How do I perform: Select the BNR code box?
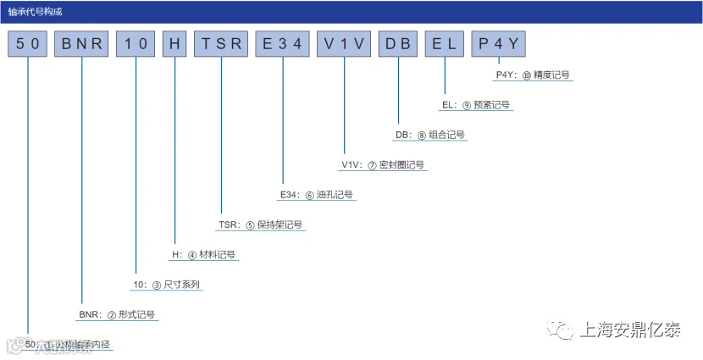81,44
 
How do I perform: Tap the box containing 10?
136,44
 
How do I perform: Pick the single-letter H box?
174,44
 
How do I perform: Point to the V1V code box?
344,44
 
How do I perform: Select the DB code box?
397,44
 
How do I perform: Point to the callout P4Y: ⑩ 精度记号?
533,75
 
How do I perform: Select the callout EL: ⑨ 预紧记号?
476,105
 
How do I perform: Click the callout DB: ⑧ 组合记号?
429,135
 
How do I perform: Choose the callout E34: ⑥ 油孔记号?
316,195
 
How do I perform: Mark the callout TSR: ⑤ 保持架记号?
260,225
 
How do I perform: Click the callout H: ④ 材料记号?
203,255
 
